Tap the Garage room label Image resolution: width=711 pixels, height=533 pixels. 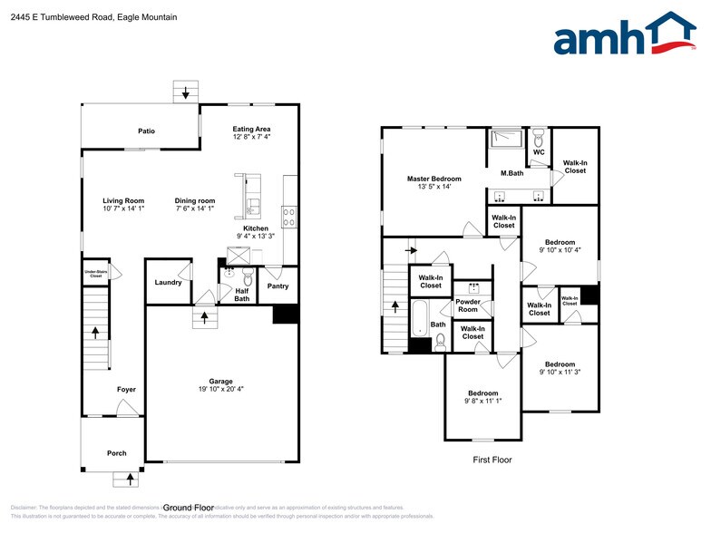point(220,381)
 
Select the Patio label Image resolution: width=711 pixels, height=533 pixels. point(146,131)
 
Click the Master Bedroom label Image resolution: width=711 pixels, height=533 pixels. point(433,179)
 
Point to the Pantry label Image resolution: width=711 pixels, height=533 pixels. point(278,286)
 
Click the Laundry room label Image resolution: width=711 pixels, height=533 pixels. point(168,282)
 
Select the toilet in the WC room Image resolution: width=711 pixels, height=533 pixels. point(537,139)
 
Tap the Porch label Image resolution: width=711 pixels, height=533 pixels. point(116,452)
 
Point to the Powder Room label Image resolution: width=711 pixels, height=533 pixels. point(467,305)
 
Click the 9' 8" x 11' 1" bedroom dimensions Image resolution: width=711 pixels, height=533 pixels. point(482,402)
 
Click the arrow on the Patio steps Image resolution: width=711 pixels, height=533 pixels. point(186,92)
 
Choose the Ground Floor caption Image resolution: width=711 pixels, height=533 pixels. point(188,508)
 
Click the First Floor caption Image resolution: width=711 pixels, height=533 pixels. point(492,460)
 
